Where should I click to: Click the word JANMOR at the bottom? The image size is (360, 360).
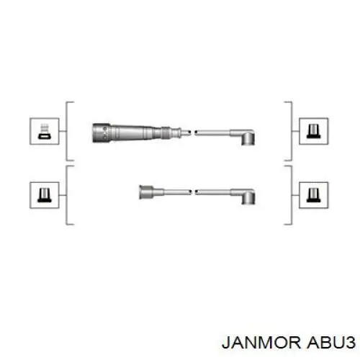[x=261, y=343]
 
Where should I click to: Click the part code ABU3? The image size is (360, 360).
[x=331, y=343]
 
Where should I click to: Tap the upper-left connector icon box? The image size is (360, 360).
[x=45, y=131]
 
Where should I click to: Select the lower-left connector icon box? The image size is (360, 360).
[x=45, y=195]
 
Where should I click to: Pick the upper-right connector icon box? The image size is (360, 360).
[x=314, y=131]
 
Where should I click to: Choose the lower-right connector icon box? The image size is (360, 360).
[x=314, y=195]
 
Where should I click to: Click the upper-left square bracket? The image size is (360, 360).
[x=66, y=131]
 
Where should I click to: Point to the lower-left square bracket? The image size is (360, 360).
[x=66, y=195]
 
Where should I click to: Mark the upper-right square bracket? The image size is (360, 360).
[x=292, y=131]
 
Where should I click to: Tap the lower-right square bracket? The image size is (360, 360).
[x=292, y=195]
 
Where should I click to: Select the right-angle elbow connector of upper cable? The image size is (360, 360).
[x=245, y=137]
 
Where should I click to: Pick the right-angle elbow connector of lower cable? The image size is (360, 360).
[x=246, y=197]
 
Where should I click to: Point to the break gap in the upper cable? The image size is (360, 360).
[x=193, y=132]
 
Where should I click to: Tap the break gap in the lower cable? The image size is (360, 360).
[x=194, y=192]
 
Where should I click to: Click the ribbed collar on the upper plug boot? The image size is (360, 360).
[x=166, y=132]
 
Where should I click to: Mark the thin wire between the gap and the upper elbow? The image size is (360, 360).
[x=212, y=132]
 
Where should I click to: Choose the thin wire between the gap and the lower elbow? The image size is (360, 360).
[x=213, y=192]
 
